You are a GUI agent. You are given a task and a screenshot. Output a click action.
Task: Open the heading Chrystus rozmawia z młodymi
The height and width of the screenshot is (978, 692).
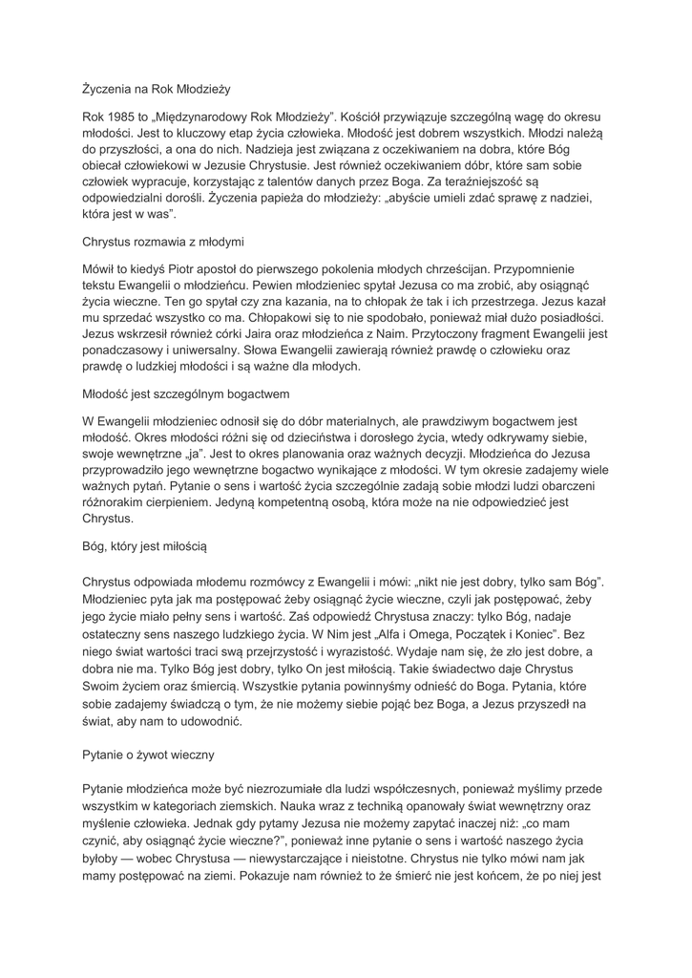pos(163,243)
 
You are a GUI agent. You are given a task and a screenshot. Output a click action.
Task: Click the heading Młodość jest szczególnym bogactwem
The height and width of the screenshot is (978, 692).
pos(185,393)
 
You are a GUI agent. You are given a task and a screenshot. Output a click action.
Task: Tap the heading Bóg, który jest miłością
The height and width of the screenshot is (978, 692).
pos(144,547)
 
